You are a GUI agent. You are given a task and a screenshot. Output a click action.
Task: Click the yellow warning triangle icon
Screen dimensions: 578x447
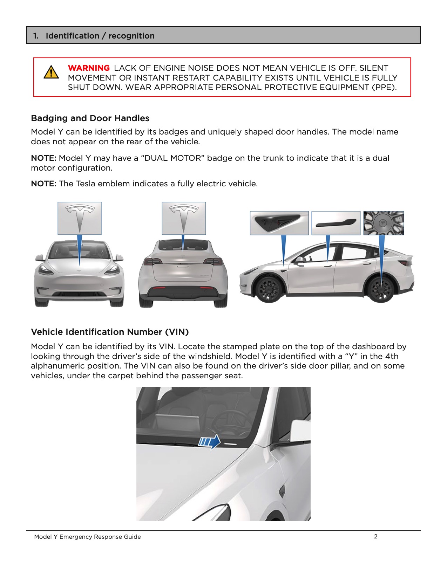[51, 73]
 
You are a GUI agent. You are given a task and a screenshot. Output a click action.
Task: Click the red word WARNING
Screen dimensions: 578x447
[89, 68]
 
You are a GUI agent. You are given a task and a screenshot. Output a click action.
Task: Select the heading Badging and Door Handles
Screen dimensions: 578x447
[90, 118]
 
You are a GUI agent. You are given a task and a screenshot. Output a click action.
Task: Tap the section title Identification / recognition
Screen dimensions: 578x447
[100, 36]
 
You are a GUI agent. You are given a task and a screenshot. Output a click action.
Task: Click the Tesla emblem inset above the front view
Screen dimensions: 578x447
[80, 218]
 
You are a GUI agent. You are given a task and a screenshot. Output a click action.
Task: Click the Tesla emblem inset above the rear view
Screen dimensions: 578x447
[183, 218]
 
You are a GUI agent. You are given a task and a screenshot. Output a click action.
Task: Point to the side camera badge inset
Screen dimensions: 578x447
[279, 223]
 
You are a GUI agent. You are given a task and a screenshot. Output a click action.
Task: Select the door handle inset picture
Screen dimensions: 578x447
[336, 223]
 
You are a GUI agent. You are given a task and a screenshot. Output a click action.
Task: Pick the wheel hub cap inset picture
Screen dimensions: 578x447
[384, 223]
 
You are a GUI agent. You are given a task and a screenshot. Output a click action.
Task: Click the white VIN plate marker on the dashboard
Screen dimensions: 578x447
[230, 443]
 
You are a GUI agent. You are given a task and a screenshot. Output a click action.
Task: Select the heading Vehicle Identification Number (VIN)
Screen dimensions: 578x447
[110, 332]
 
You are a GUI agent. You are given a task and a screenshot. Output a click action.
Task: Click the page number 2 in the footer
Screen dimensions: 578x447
[375, 536]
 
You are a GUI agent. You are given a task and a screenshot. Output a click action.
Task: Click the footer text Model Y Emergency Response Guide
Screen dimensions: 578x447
[87, 537]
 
